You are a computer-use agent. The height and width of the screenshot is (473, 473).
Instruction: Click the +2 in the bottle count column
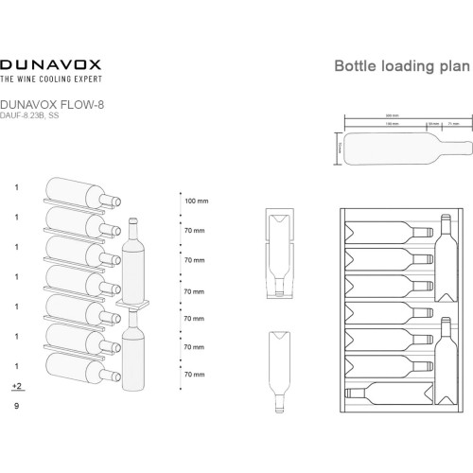coord(16,387)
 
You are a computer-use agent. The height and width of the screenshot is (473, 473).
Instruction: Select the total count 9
coord(16,406)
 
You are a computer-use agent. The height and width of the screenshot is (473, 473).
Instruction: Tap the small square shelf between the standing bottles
coord(132,305)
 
